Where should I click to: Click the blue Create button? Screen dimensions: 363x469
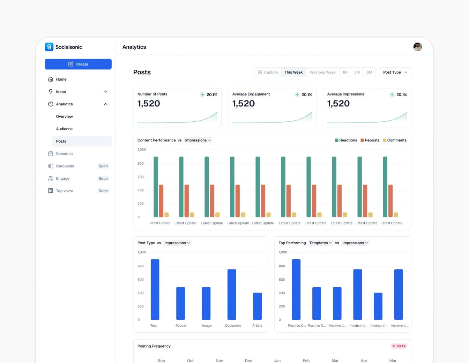pos(78,64)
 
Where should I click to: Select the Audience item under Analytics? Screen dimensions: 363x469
pos(64,129)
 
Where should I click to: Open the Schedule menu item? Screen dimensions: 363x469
pos(64,154)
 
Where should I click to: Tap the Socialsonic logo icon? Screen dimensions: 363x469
pos(49,47)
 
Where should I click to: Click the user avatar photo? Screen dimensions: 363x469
pos(417,47)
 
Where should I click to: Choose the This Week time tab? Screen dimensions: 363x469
pos(293,72)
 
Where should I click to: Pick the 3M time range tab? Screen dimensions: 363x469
pos(357,72)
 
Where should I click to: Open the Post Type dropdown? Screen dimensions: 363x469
pos(395,72)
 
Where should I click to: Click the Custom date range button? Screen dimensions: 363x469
pos(268,72)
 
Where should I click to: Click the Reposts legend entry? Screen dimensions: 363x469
pos(370,140)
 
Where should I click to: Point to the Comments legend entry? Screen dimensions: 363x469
pos(395,140)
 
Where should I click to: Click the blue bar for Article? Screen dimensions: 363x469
pos(257,306)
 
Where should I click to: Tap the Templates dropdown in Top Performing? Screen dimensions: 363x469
pos(320,243)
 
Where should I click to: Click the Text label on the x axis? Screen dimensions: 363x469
pos(154,326)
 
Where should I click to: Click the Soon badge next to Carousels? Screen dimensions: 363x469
pos(103,166)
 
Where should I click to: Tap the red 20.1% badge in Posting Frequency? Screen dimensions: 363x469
pos(399,346)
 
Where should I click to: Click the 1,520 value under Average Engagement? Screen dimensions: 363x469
pos(244,104)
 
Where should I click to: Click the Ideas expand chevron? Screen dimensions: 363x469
pos(106,92)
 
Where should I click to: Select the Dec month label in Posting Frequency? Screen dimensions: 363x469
pos(248,360)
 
